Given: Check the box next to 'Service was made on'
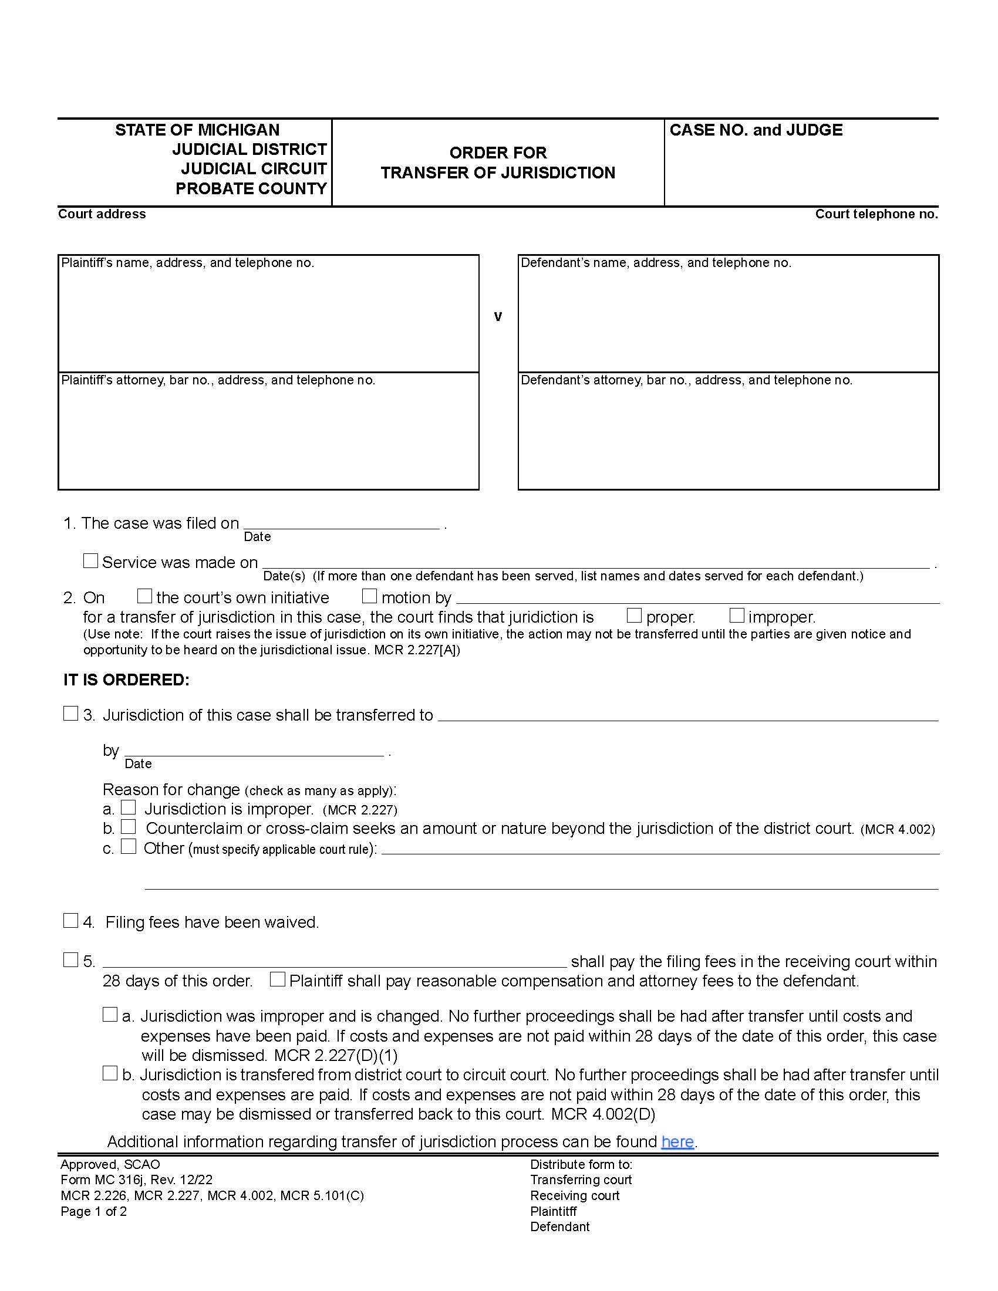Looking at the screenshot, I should pyautogui.click(x=90, y=560).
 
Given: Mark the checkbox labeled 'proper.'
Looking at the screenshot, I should pyautogui.click(x=634, y=616).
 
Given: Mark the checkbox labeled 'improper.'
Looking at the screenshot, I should pyautogui.click(x=736, y=616).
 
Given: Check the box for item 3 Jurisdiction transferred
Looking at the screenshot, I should pyautogui.click(x=70, y=714).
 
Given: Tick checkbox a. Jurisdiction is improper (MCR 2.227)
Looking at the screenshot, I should pyautogui.click(x=129, y=807).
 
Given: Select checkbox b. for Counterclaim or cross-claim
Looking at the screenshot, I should pyautogui.click(x=129, y=826).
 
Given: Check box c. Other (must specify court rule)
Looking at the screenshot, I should pyautogui.click(x=129, y=846).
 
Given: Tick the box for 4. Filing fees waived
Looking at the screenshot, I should pyautogui.click(x=70, y=920).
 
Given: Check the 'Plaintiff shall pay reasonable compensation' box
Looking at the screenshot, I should pyautogui.click(x=277, y=979).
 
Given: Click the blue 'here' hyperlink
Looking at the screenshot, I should pyautogui.click(x=677, y=1141).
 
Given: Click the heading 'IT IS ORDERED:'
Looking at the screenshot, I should pyautogui.click(x=127, y=680).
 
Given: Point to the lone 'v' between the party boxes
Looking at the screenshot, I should pyautogui.click(x=498, y=317).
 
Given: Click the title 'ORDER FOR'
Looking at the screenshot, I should pyautogui.click(x=498, y=153).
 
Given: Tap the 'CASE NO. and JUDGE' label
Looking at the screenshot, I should pyautogui.click(x=756, y=130).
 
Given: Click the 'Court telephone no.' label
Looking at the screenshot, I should pyautogui.click(x=876, y=214).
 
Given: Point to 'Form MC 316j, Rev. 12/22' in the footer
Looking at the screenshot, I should pyautogui.click(x=136, y=1180).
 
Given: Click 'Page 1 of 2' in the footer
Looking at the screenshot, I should pyautogui.click(x=93, y=1211).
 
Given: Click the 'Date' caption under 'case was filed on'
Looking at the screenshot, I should pyautogui.click(x=257, y=537).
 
